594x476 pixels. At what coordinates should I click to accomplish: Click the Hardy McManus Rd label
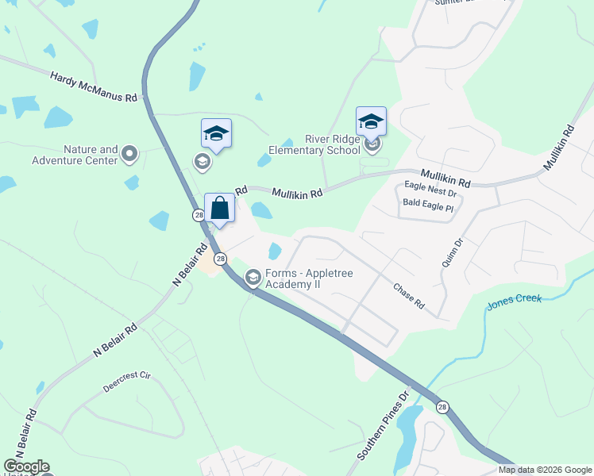click(94, 87)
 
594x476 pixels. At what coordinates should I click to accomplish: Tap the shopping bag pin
click(220, 210)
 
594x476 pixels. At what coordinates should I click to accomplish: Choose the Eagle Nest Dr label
click(430, 193)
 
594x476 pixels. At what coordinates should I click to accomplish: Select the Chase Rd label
click(409, 295)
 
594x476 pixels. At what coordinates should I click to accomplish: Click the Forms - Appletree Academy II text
click(308, 279)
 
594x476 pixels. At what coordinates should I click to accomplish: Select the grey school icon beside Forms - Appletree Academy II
click(253, 277)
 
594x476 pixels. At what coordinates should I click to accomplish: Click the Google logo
click(26, 466)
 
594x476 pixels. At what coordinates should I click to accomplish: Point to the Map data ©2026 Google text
click(545, 470)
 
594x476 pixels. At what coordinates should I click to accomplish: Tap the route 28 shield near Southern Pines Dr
click(442, 407)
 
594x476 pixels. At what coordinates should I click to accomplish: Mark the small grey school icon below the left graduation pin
click(202, 163)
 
